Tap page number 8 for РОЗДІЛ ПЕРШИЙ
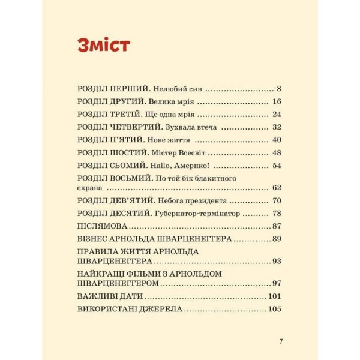[279, 88]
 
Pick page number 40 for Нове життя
[277, 140]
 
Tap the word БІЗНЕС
[94, 239]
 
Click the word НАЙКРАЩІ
[103, 274]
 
